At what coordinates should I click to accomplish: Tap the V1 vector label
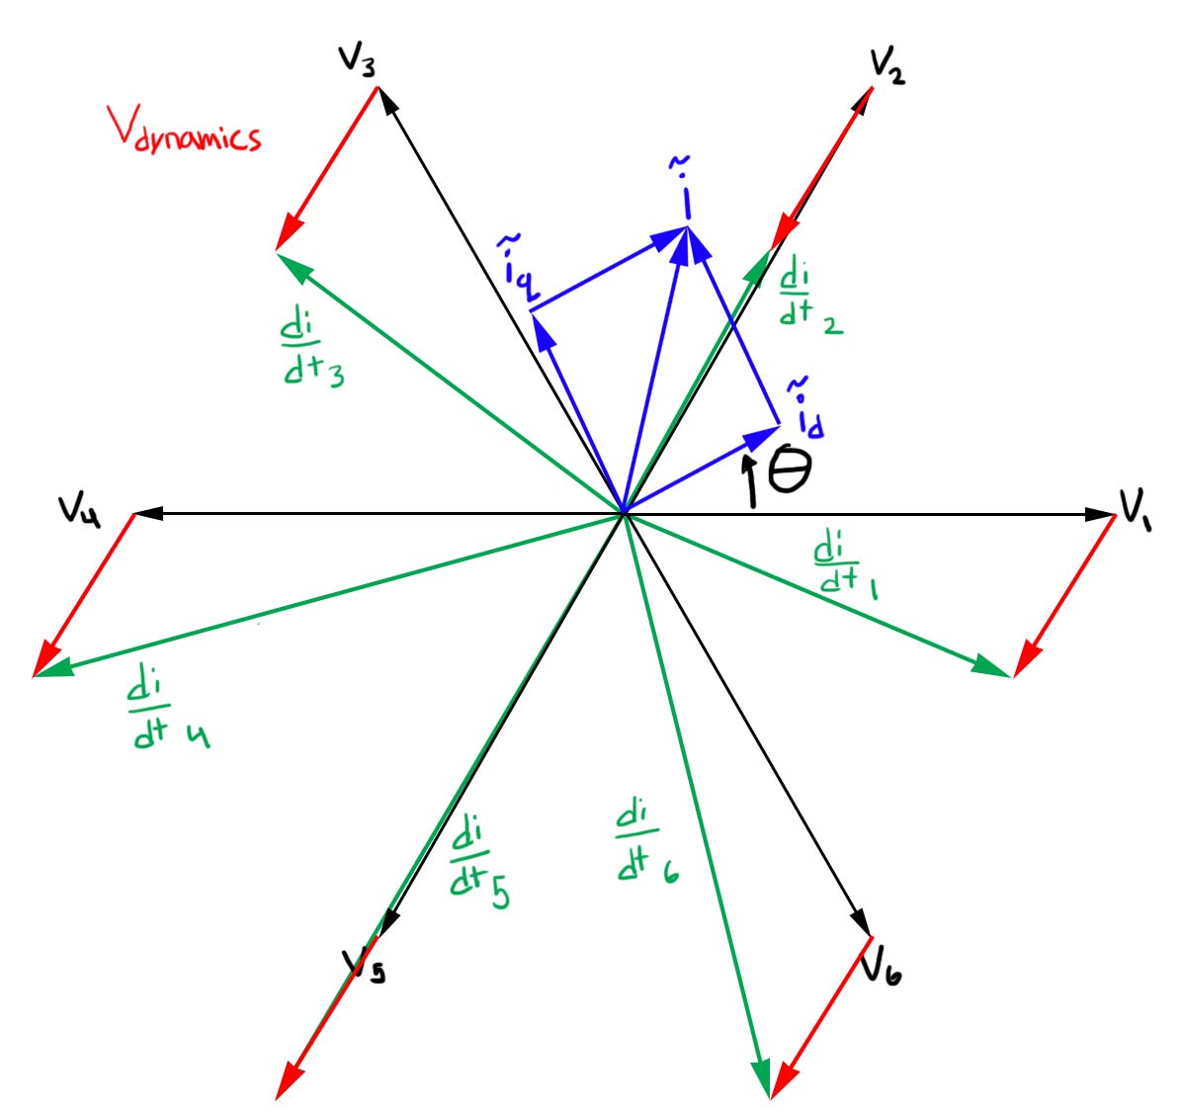(1136, 508)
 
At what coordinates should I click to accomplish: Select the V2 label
(887, 66)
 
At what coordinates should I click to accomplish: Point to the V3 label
(357, 61)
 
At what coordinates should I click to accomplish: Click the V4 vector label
(79, 511)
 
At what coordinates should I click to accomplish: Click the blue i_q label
(519, 268)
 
